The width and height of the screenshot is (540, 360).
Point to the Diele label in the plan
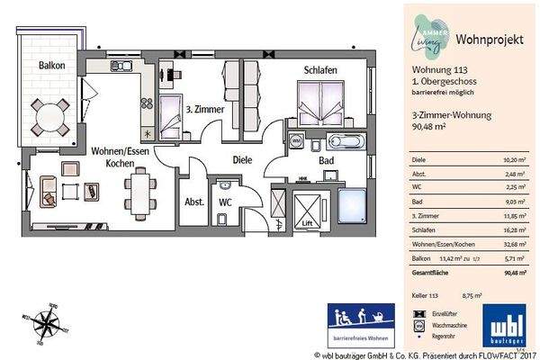[x=242, y=160]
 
